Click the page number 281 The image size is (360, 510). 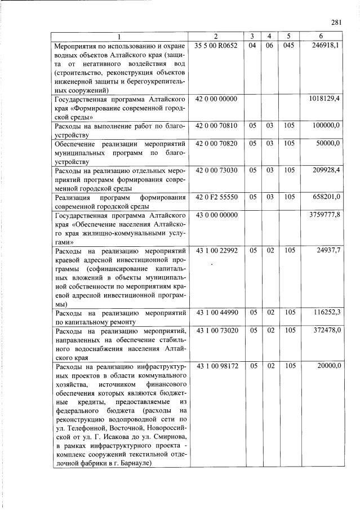click(337, 23)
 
